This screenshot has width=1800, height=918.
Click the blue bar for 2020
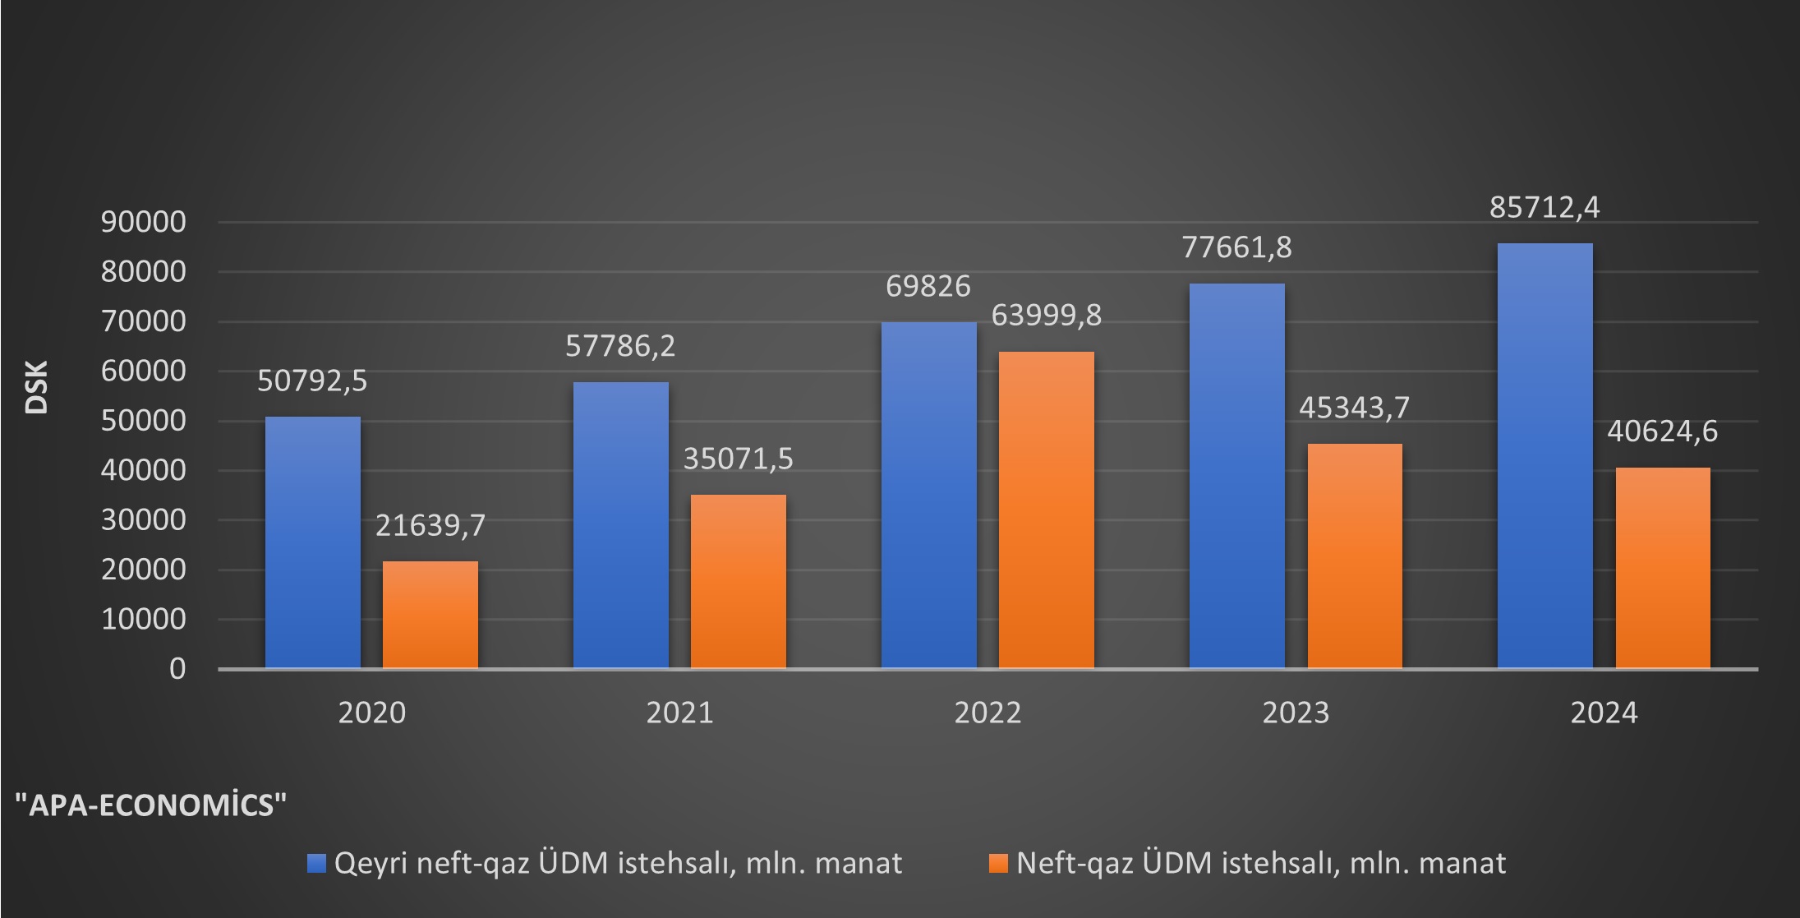coord(312,542)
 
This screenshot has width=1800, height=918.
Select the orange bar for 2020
coord(430,615)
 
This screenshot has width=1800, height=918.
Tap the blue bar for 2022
coord(928,495)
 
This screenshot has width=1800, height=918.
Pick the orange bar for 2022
coord(1046,510)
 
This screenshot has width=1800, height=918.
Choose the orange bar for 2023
coord(1354,556)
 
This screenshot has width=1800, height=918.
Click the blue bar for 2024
coord(1545,456)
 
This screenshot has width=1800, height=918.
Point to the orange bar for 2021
coord(738,581)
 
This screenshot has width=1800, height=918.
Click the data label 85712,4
coord(1545,208)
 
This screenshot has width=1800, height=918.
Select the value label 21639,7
coord(430,525)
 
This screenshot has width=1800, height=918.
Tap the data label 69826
coord(928,286)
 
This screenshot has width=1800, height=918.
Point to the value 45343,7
coord(1354,408)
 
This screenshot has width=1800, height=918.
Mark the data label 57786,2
coord(620,346)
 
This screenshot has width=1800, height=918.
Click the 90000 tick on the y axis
coord(144,222)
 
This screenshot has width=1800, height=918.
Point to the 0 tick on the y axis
coord(177,669)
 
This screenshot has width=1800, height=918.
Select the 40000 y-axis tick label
coord(144,470)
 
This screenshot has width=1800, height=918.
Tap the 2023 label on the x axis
coord(1296,713)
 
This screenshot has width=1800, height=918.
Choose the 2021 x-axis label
coord(679,713)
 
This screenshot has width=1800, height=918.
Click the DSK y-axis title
coord(36,387)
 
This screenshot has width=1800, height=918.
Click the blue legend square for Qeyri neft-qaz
coord(316,863)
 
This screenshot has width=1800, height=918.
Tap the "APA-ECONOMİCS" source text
coord(152,805)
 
